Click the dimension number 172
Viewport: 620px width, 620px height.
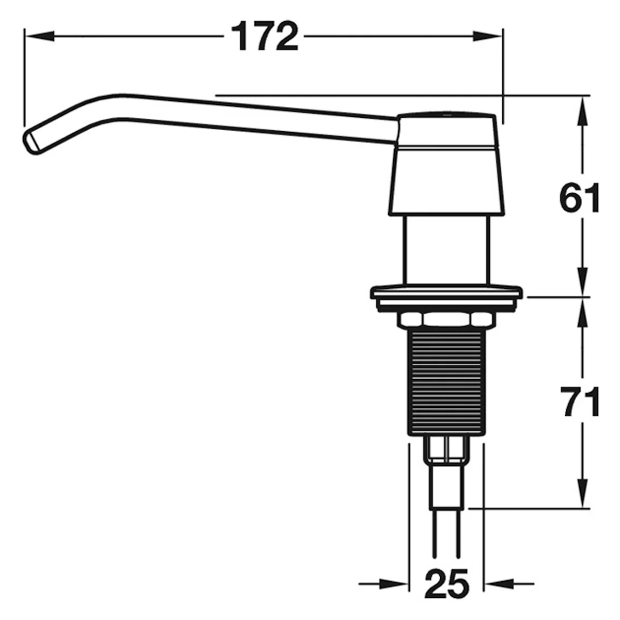tap(265, 37)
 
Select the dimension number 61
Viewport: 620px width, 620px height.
tap(580, 197)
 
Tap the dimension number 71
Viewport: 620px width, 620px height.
tap(580, 401)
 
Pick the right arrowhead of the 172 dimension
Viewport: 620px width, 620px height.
tap(487, 36)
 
